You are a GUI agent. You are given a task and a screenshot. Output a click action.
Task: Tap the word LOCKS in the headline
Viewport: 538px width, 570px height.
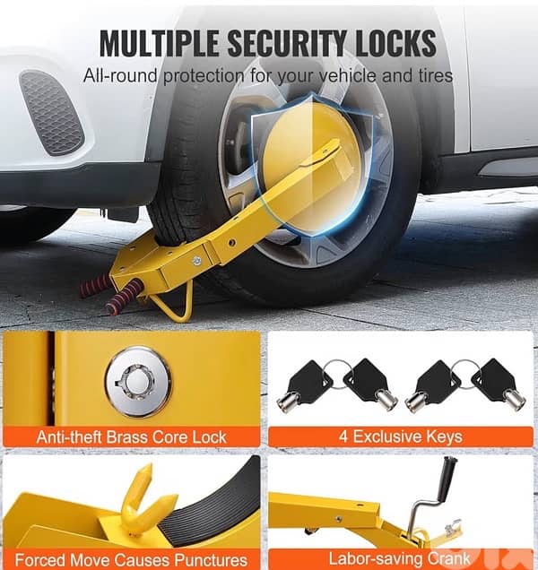(x=394, y=42)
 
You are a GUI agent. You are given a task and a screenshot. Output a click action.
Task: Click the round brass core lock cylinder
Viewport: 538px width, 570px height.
(x=137, y=382)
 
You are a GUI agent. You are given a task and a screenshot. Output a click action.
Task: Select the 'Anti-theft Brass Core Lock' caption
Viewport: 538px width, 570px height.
(x=131, y=437)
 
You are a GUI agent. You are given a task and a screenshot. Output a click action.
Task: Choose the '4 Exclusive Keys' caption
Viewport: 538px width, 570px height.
(x=401, y=437)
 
